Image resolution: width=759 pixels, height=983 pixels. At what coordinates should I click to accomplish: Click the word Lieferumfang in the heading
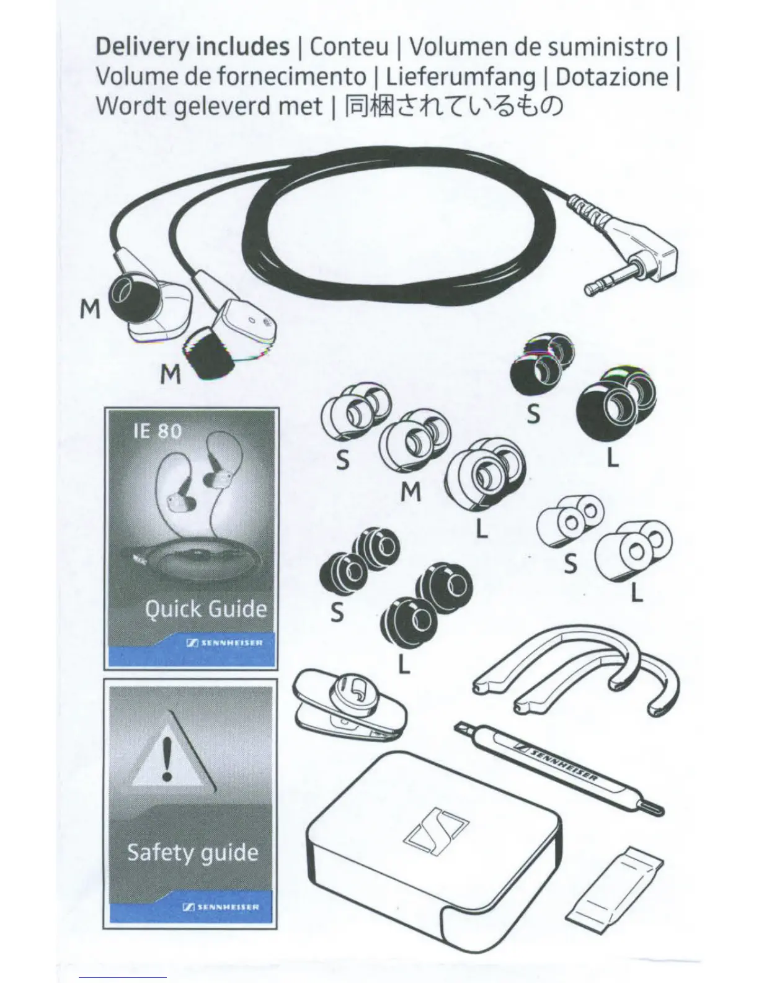pos(459,77)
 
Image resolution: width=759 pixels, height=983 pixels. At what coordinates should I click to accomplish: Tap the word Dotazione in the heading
pos(612,77)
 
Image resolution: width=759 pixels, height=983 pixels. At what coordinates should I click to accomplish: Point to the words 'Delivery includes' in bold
pos(192,47)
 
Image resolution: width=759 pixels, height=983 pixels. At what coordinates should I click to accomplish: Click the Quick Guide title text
pos(205,609)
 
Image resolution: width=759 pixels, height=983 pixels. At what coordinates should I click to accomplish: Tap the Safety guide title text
pos(192,852)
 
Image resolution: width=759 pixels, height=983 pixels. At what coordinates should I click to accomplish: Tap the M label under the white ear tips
pos(411,491)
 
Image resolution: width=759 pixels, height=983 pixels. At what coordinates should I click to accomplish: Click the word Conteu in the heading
pos(349,47)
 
